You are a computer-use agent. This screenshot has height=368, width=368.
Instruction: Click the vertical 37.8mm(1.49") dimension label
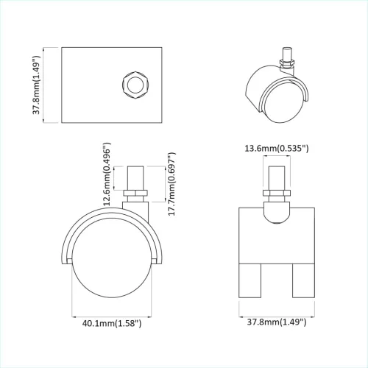[x=35, y=86]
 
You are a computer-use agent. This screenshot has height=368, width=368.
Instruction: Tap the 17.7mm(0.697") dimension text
[x=171, y=185]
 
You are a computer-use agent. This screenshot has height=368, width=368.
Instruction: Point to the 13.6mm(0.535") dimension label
[x=276, y=149]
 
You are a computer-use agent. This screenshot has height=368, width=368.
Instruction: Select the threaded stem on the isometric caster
[x=286, y=59]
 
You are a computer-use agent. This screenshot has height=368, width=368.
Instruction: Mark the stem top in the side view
[x=135, y=177]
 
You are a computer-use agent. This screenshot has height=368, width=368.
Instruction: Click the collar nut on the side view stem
[x=135, y=196]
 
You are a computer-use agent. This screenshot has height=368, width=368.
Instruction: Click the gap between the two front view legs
[x=277, y=283]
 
